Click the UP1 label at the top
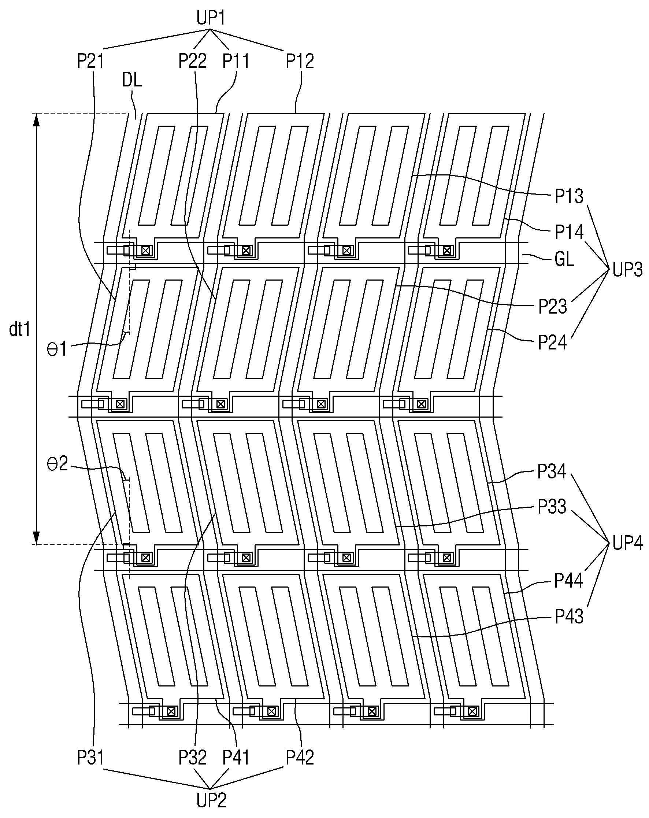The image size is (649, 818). tap(211, 18)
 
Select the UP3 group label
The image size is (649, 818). tap(627, 270)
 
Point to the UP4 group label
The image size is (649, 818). tap(627, 543)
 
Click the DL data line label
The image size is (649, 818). tap(131, 80)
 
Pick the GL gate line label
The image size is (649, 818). tap(564, 259)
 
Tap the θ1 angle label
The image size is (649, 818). tap(57, 349)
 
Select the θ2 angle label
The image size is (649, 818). tap(57, 464)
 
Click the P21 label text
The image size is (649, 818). tap(90, 61)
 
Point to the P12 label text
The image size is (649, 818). tap(300, 61)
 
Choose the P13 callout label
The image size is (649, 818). tap(569, 196)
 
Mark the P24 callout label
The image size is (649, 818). tap(552, 342)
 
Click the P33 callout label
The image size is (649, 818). tap(552, 506)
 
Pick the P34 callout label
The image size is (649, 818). tap(552, 471)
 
